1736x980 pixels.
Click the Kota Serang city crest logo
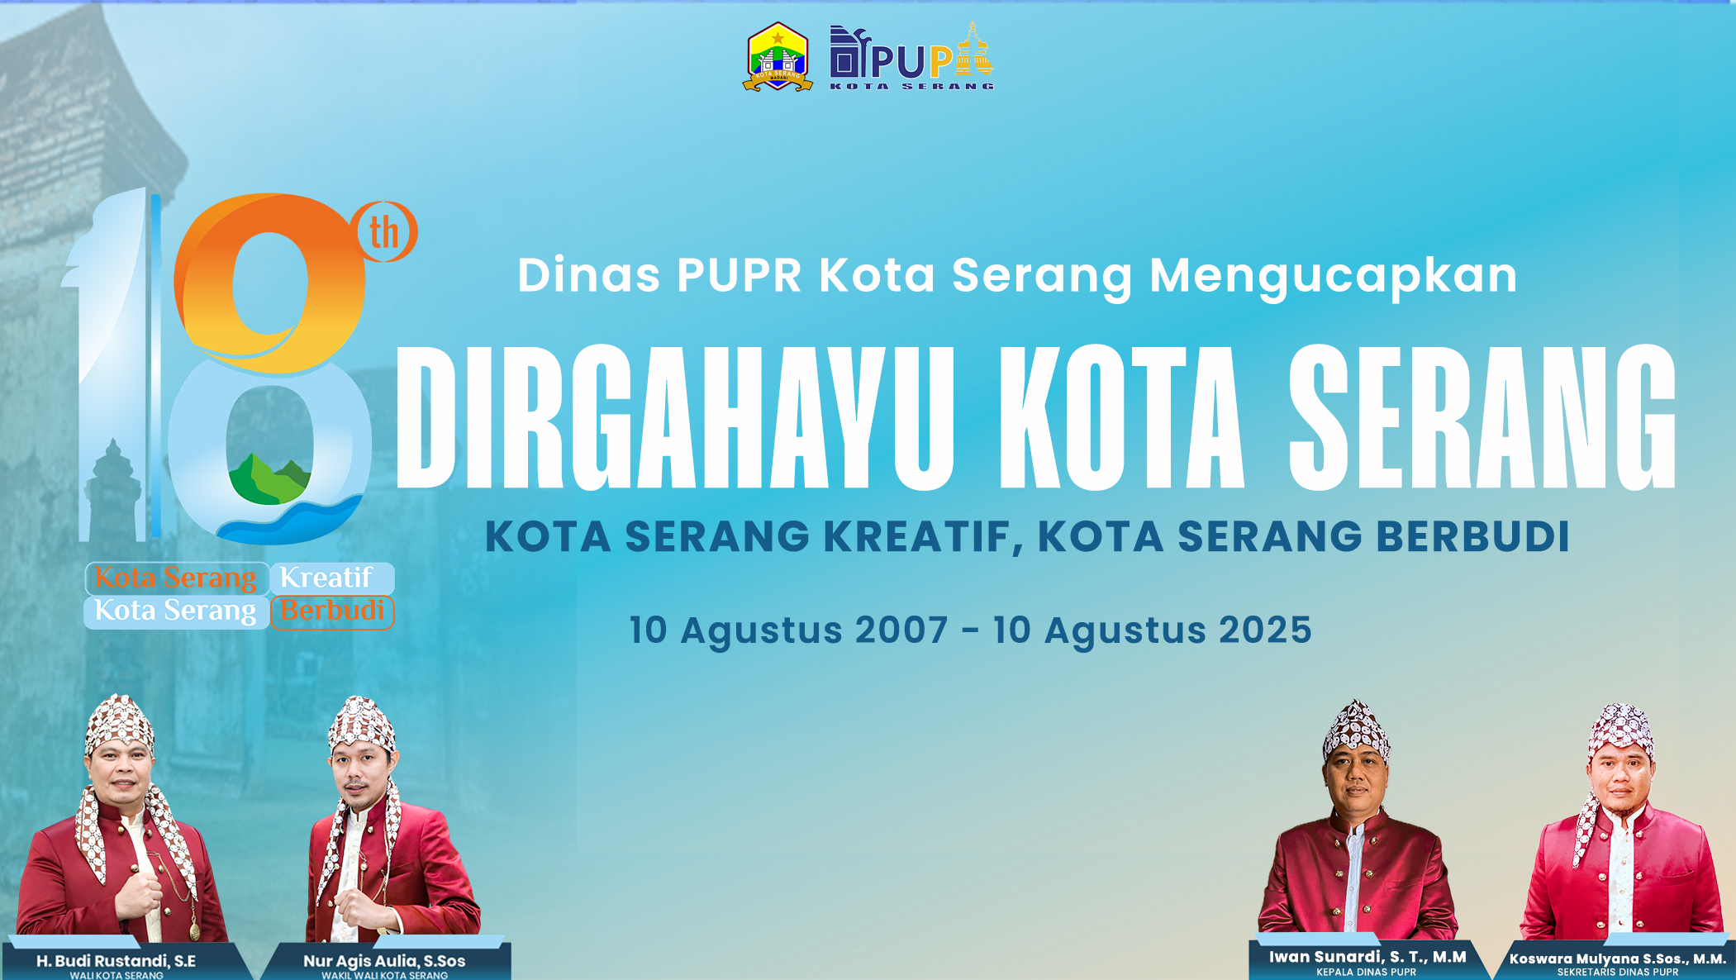[778, 56]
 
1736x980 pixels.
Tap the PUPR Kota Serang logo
[911, 56]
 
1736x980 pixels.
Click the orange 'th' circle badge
[384, 231]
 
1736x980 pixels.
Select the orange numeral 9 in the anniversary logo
[269, 281]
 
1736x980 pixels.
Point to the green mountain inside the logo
[269, 479]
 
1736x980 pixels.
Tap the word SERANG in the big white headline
[1482, 417]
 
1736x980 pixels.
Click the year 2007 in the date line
[901, 630]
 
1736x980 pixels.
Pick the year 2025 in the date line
[1265, 630]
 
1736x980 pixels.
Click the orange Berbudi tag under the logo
[332, 612]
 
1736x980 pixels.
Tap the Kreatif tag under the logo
[332, 578]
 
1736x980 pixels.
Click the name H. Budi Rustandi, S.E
[116, 961]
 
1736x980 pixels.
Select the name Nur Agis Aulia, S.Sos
[384, 961]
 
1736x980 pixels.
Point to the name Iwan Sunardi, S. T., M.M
[1367, 957]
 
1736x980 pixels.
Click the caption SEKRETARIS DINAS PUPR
[1618, 973]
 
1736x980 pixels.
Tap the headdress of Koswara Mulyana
[1620, 731]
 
